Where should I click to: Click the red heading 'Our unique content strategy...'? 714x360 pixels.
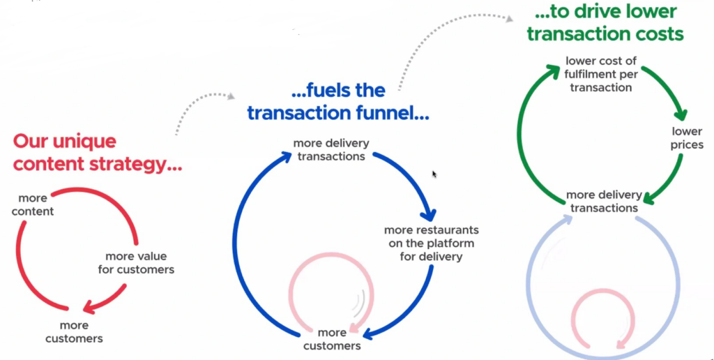click(98, 153)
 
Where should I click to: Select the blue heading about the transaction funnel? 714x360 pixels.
click(338, 102)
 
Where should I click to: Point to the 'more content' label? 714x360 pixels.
click(33, 204)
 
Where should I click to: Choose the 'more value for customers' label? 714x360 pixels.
click(136, 263)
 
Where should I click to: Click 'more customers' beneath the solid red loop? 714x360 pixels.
click(74, 332)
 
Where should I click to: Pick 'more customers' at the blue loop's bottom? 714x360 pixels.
click(332, 339)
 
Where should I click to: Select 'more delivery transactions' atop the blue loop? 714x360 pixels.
click(331, 150)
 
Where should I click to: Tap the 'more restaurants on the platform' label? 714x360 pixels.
click(431, 243)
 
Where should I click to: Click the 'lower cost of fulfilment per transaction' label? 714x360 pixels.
click(601, 74)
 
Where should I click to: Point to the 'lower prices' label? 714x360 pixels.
click(687, 138)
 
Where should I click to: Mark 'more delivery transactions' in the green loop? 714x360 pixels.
click(605, 202)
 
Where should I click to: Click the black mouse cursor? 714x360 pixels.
click(434, 174)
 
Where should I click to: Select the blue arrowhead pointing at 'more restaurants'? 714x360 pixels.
click(428, 213)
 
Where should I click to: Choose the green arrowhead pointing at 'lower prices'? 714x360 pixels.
click(681, 112)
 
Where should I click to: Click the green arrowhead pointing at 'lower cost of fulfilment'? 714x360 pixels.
click(552, 72)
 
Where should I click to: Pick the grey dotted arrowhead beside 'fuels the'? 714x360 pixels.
click(231, 96)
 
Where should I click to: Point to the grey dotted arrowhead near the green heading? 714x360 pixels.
click(509, 18)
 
